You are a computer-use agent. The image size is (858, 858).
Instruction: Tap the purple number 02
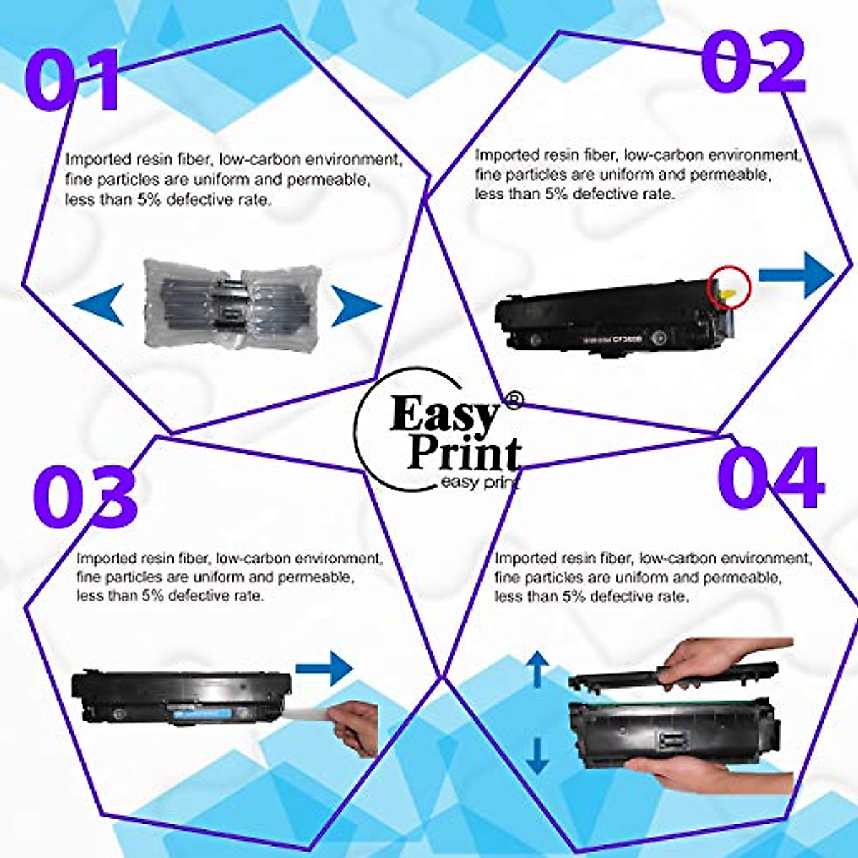pyautogui.click(x=754, y=63)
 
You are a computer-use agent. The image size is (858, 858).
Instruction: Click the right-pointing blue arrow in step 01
pyautogui.click(x=355, y=307)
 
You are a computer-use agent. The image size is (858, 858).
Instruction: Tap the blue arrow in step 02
pyautogui.click(x=796, y=275)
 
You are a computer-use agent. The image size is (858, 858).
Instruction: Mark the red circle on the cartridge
pyautogui.click(x=729, y=286)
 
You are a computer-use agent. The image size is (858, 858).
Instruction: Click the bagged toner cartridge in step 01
pyautogui.click(x=227, y=305)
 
